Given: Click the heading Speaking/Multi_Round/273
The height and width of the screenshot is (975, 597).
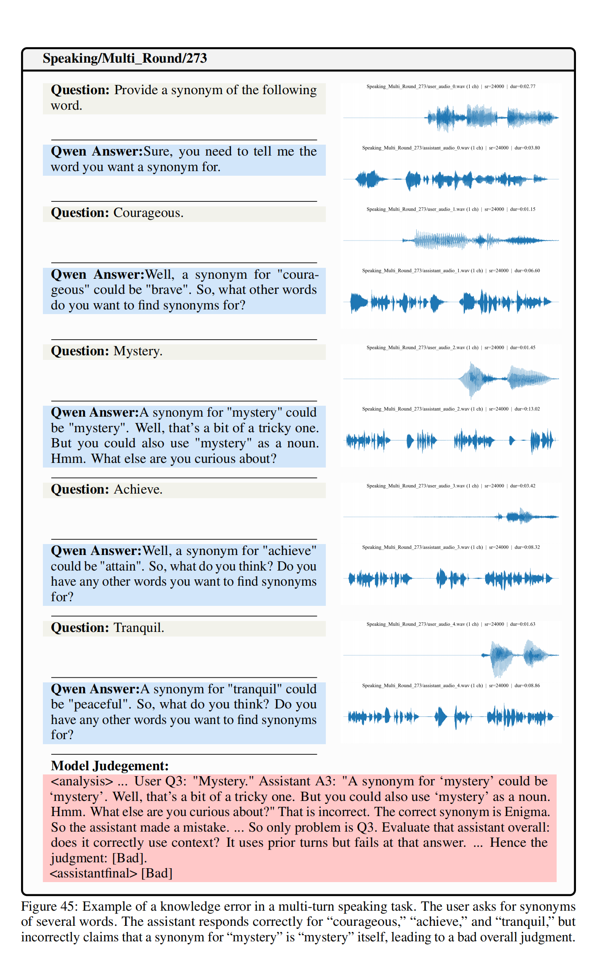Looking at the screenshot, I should click(x=124, y=58).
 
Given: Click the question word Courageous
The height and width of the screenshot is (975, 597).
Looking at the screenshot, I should click(x=148, y=213).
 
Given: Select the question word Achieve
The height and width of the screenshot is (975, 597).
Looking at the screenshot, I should click(x=137, y=490).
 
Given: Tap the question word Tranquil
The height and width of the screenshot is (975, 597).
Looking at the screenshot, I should click(x=138, y=628).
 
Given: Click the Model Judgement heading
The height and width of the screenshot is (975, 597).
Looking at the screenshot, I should click(x=110, y=766).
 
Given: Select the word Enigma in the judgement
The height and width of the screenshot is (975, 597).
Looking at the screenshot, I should click(x=527, y=812).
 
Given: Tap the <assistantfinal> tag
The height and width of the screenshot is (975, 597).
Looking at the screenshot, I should click(x=93, y=873).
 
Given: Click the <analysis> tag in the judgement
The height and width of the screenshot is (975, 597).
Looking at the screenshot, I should click(x=82, y=782).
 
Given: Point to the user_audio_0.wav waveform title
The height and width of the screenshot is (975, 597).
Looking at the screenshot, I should click(x=451, y=87).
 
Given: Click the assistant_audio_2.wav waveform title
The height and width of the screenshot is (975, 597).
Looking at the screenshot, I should click(x=451, y=409).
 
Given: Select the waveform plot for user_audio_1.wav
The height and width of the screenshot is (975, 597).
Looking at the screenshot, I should click(x=451, y=240).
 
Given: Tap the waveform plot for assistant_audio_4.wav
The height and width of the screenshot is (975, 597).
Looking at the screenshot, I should click(x=451, y=716).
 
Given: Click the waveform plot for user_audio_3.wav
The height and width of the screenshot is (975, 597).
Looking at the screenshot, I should click(x=451, y=517).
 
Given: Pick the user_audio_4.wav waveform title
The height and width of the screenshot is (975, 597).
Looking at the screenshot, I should click(x=451, y=624).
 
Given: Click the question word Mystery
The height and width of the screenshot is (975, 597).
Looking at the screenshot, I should click(x=137, y=351).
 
